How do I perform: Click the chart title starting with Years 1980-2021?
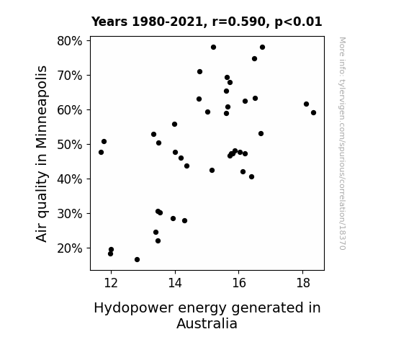click(x=207, y=22)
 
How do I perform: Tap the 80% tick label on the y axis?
click(x=69, y=41)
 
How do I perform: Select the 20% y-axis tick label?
click(x=69, y=248)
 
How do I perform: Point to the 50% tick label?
click(x=69, y=145)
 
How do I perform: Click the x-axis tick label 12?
click(x=111, y=283)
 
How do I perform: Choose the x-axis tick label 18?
click(x=303, y=283)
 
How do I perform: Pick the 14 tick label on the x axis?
click(x=175, y=283)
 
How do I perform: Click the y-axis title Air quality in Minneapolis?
click(x=42, y=154)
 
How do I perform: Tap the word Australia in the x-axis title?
click(x=207, y=323)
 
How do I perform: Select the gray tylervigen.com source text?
click(x=342, y=143)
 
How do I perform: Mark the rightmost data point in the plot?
click(x=313, y=113)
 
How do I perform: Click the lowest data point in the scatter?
click(x=137, y=260)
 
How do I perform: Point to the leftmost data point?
click(x=101, y=153)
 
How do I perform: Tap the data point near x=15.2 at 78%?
click(x=213, y=48)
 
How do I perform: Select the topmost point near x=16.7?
click(x=263, y=48)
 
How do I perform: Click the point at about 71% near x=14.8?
click(x=199, y=72)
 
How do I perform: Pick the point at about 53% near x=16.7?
click(x=261, y=134)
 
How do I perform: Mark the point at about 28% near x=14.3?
click(x=184, y=221)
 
